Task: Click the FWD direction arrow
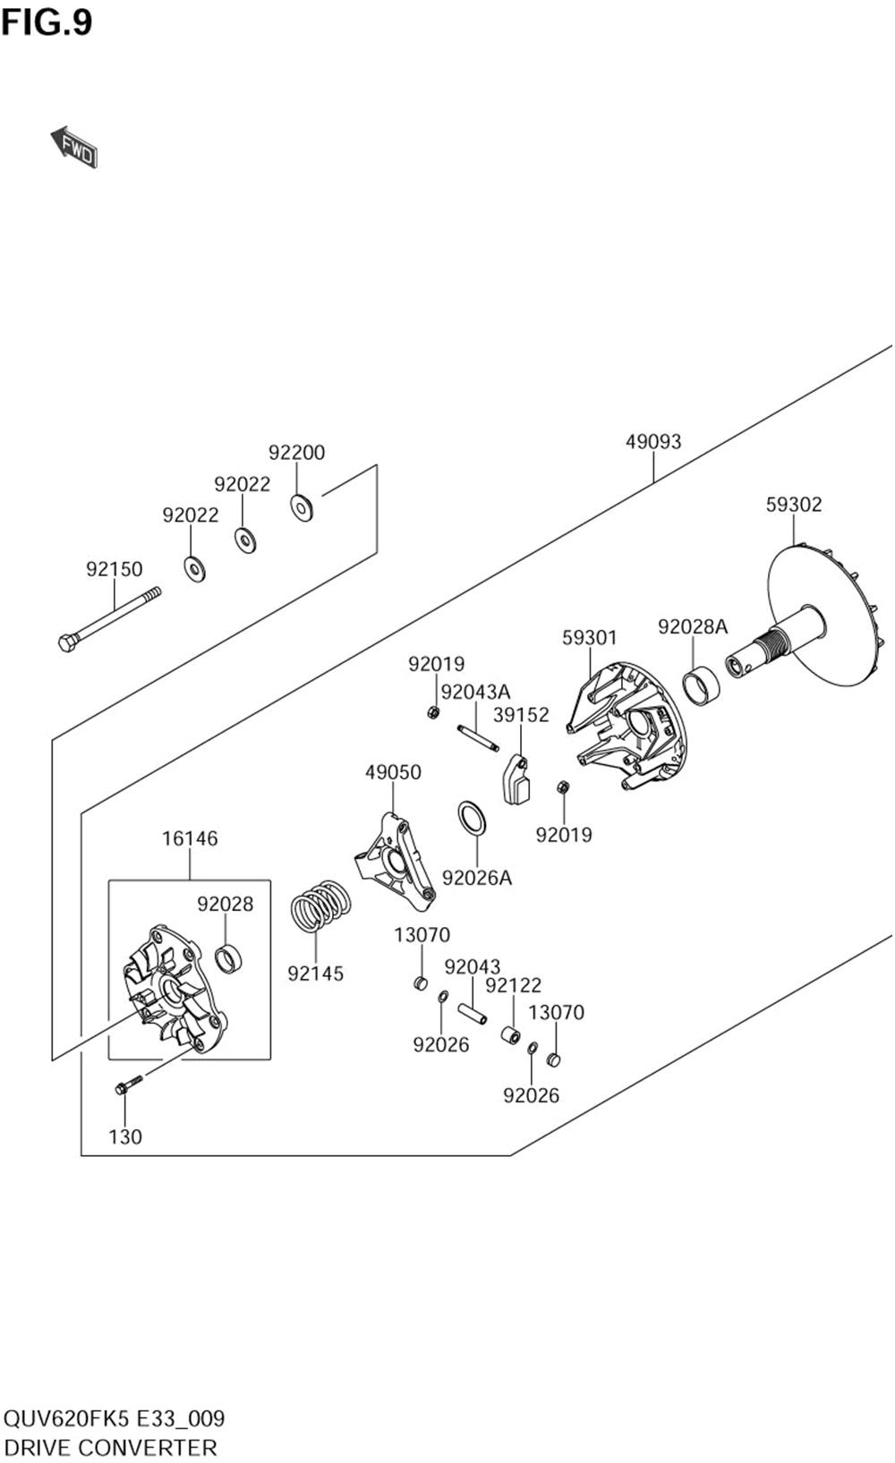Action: coord(73,147)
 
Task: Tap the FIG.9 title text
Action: coord(47,23)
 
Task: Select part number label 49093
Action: coord(653,442)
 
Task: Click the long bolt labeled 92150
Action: coord(110,618)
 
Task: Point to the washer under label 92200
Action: coord(302,508)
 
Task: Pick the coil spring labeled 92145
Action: coord(320,905)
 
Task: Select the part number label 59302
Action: coord(794,505)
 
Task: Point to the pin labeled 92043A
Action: coord(478,737)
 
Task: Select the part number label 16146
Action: coord(190,838)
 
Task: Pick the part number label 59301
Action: coord(589,638)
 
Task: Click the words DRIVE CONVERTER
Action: coord(110,1447)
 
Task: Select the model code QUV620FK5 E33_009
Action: coord(115,1418)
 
